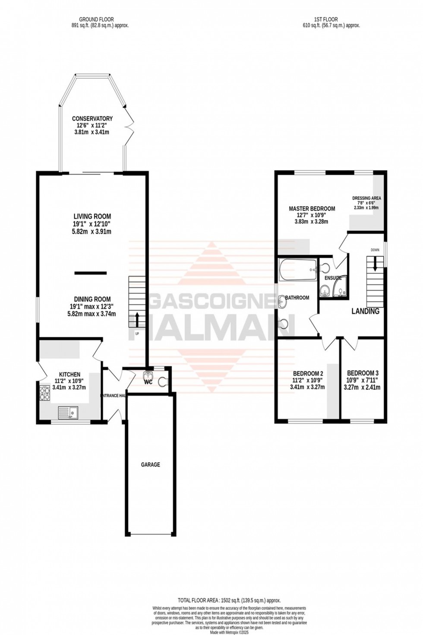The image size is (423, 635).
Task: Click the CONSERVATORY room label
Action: tap(92, 119)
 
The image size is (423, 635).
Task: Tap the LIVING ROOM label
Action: tap(92, 216)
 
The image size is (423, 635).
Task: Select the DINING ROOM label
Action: tap(92, 299)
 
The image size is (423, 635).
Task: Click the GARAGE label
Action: tap(150, 465)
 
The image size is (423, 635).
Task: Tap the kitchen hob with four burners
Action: tap(45, 393)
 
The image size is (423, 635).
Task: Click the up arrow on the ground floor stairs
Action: tap(137, 320)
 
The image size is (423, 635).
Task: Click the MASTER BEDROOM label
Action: tap(312, 209)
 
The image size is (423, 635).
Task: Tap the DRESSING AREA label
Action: tap(366, 199)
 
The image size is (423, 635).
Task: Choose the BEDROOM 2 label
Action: tap(308, 373)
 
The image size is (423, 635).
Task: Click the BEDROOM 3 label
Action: tap(363, 373)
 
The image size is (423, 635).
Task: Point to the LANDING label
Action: tap(365, 311)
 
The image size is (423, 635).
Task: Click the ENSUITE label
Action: tap(333, 278)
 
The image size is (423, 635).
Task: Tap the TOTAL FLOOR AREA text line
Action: tap(229, 600)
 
